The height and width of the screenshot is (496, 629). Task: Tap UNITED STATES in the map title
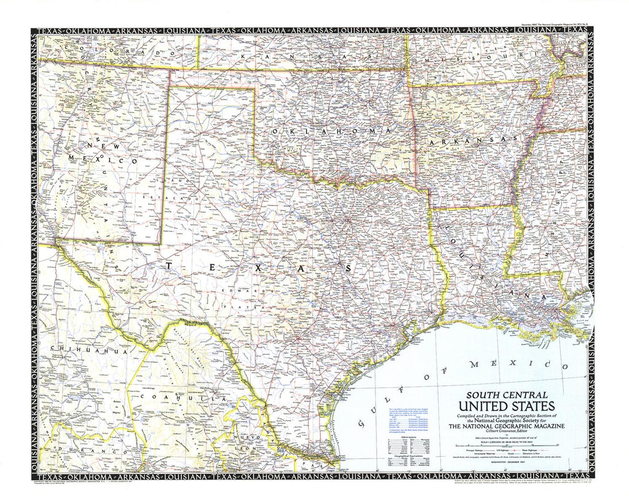pyautogui.click(x=507, y=406)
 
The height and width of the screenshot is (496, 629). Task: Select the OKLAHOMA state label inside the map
pyautogui.click(x=331, y=132)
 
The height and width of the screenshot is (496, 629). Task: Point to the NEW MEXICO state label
pyautogui.click(x=113, y=153)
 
